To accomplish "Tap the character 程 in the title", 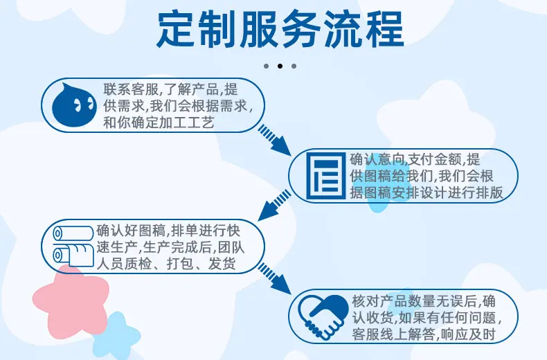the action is (385, 29).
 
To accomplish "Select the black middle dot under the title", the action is (280, 66).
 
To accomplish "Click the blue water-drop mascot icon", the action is (74, 105).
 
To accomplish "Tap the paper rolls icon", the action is (73, 246).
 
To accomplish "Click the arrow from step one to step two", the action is (275, 141).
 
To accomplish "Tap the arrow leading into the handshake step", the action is (275, 279).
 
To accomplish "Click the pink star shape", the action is (71, 298).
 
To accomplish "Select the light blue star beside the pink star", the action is (117, 334).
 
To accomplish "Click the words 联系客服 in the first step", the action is (131, 89).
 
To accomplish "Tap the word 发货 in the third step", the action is (222, 264).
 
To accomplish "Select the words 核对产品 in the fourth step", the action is (380, 301).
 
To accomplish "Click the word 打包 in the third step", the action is (180, 264).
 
